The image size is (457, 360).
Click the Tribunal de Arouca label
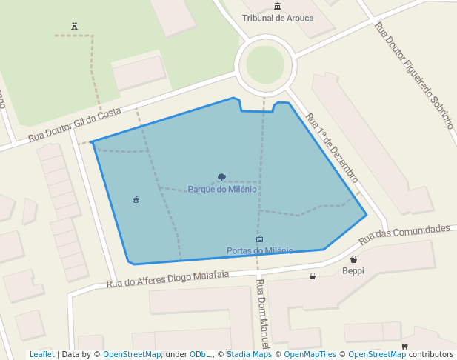(278, 19)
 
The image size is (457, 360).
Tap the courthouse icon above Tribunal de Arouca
(277, 7)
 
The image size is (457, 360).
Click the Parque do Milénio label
(222, 189)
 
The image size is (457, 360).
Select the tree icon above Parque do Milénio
(222, 177)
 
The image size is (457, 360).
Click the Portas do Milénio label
(259, 250)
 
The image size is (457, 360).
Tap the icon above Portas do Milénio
(259, 239)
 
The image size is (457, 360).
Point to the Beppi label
(353, 270)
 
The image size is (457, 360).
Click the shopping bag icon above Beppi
(353, 259)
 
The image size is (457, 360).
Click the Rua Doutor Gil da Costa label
(75, 124)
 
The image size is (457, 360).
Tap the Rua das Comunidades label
(404, 235)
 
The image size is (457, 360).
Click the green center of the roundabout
(265, 65)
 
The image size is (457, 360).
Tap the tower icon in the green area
(74, 27)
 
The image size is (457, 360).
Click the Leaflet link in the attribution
(41, 355)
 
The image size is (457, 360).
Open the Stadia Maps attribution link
(249, 355)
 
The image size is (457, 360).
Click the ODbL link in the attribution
(199, 355)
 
